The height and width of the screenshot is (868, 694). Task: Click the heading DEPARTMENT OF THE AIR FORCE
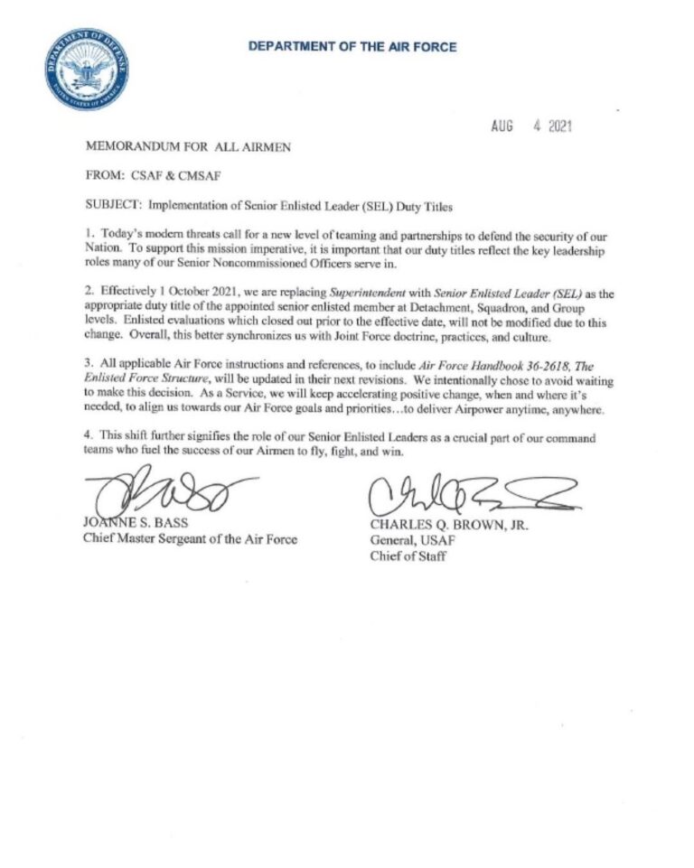353,46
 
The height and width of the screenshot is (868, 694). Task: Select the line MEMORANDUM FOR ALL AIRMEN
188,145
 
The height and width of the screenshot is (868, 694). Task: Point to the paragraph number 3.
89,367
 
